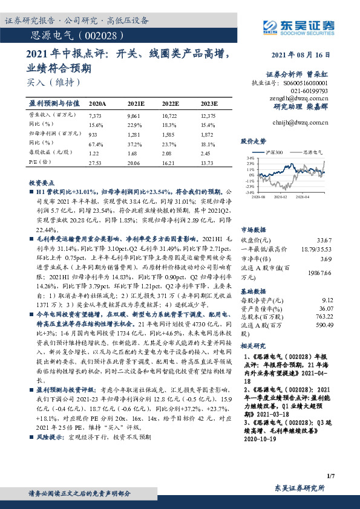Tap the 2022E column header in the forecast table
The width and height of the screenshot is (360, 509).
pos(171,104)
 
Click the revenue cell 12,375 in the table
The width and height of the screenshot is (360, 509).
pos(208,115)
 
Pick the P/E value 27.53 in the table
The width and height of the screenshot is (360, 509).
pos(97,163)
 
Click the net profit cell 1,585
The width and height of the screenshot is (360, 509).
pos(170,134)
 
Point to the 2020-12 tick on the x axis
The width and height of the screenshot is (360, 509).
pos(281,196)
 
